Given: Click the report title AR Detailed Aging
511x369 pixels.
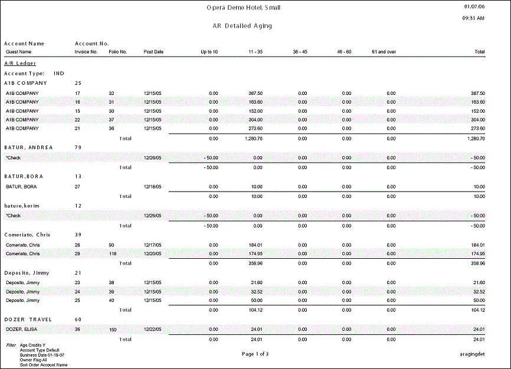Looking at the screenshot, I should point(242,27).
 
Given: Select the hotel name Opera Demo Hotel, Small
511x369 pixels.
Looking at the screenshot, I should point(243,8).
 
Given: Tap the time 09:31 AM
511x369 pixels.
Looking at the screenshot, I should point(473,18).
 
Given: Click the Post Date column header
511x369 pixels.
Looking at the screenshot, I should point(153,52).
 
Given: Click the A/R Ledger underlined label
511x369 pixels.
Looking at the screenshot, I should point(20,63).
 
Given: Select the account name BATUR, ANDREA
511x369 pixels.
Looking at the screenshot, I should point(28,147).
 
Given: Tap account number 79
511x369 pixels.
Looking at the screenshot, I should point(78,147).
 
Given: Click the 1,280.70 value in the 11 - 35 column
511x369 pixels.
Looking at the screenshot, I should point(253,139).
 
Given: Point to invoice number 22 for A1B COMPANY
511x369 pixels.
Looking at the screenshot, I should point(77,119).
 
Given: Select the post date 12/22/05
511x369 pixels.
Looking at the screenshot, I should point(153,329).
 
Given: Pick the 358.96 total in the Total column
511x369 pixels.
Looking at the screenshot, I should point(477,263).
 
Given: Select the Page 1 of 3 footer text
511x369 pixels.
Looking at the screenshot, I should point(255,354).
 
